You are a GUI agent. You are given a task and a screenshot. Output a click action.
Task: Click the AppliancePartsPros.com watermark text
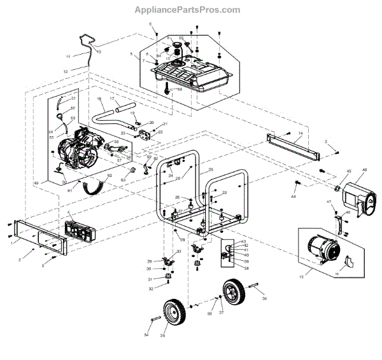(187, 10)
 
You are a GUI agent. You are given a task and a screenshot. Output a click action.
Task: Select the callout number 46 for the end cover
(364, 170)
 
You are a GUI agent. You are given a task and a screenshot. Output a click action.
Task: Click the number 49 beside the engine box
(36, 183)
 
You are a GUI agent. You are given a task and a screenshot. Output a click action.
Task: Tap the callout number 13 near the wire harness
(99, 50)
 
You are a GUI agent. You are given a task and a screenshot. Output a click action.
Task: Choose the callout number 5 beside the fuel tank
(131, 55)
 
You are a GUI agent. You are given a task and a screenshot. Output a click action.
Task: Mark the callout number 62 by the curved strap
(110, 175)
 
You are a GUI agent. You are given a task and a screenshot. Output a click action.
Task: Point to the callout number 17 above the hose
(111, 99)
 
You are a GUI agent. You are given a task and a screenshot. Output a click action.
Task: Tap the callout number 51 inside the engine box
(73, 99)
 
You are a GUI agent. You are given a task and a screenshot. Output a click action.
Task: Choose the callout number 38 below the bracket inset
(246, 268)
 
